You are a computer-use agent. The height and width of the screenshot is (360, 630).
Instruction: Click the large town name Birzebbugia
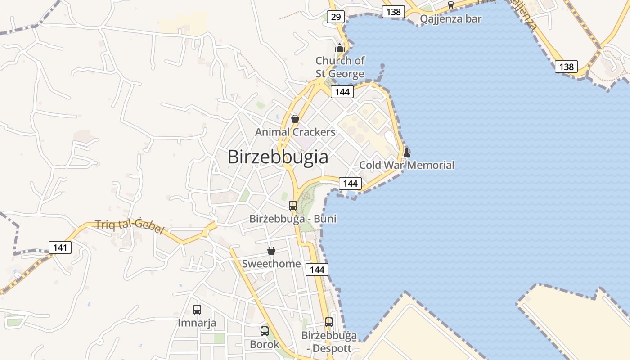pyautogui.click(x=278, y=157)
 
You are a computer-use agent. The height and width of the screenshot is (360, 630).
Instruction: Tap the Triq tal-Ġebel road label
pyautogui.click(x=130, y=226)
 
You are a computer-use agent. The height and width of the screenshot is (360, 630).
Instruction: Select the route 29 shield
pyautogui.click(x=336, y=17)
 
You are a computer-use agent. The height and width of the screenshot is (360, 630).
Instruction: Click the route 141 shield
pyautogui.click(x=60, y=247)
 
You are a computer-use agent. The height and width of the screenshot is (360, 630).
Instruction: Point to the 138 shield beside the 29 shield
pyautogui.click(x=393, y=12)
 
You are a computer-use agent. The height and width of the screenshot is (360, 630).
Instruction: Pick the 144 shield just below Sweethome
pyautogui.click(x=317, y=270)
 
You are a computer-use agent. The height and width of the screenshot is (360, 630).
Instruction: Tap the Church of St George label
pyautogui.click(x=340, y=67)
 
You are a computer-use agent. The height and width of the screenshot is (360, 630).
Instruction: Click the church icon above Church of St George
pyautogui.click(x=339, y=48)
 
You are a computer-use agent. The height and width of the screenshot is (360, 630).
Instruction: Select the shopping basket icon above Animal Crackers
pyautogui.click(x=295, y=119)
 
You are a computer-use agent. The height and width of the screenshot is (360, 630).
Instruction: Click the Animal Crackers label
pyautogui.click(x=295, y=132)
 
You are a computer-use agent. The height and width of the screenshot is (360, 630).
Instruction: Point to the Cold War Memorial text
pyautogui.click(x=407, y=165)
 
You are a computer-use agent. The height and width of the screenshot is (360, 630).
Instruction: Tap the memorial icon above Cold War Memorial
pyautogui.click(x=407, y=152)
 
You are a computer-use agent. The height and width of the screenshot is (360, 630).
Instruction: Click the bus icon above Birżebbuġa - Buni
pyautogui.click(x=293, y=206)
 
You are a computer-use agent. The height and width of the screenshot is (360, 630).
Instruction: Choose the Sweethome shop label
pyautogui.click(x=271, y=263)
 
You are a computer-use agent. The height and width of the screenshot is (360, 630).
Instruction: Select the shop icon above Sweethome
pyautogui.click(x=271, y=251)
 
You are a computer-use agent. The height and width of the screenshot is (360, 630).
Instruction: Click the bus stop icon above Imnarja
pyautogui.click(x=197, y=310)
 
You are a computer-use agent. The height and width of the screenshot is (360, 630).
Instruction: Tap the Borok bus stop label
pyautogui.click(x=265, y=344)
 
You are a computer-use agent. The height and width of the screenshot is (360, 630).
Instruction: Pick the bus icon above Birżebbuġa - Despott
pyautogui.click(x=329, y=322)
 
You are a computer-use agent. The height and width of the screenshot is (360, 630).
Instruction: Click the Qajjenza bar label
pyautogui.click(x=450, y=19)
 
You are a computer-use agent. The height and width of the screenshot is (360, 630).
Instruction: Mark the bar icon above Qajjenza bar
pyautogui.click(x=451, y=5)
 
